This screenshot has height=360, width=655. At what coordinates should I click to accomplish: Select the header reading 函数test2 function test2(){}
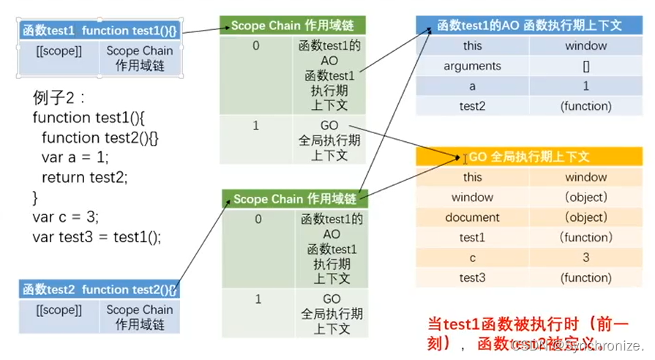click(100, 289)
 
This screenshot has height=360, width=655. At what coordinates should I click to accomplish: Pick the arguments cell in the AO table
click(472, 66)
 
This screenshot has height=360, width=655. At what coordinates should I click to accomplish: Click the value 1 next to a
click(586, 86)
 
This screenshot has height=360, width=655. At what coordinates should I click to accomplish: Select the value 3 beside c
click(585, 258)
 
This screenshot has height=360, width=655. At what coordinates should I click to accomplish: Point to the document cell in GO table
click(472, 217)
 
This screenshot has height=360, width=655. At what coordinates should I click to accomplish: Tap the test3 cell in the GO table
click(472, 277)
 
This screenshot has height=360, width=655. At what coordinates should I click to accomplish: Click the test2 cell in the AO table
click(472, 106)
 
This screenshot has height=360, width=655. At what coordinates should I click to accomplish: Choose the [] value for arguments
click(586, 66)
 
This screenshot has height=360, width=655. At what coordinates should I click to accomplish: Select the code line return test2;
click(84, 177)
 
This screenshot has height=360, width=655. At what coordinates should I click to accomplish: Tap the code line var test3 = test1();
click(97, 236)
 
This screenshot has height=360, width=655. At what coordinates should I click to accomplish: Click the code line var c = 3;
click(66, 217)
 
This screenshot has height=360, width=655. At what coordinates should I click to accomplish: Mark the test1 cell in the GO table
click(472, 237)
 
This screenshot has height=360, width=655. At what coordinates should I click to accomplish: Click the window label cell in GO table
click(472, 197)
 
